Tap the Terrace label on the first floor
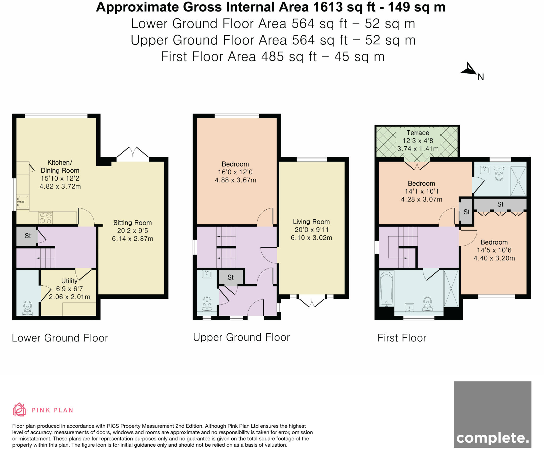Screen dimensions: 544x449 tap(418, 133)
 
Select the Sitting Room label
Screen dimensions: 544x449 tap(133, 223)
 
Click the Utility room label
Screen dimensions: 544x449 tap(69, 281)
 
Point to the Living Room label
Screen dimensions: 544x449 tap(311, 222)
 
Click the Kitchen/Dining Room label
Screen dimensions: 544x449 tap(60, 166)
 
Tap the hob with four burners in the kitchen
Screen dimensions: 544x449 tap(46, 218)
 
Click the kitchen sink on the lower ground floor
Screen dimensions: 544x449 tap(23, 202)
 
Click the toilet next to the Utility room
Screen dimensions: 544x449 tap(27, 308)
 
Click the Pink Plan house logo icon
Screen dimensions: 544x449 tap(19, 409)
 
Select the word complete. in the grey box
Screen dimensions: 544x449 tap(493, 438)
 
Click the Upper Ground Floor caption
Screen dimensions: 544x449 tap(241, 337)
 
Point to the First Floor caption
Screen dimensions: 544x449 tap(402, 338)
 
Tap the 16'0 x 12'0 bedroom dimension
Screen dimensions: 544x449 tap(235, 172)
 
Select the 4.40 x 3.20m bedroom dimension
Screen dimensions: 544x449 tap(494, 258)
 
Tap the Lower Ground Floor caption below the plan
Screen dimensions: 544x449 tap(60, 338)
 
